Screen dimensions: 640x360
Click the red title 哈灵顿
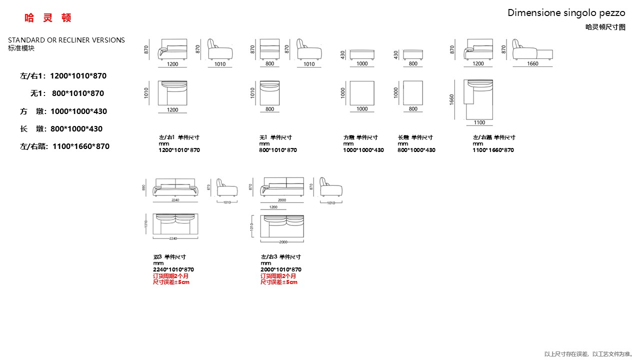click(48, 18)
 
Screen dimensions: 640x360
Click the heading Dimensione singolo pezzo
click(566, 13)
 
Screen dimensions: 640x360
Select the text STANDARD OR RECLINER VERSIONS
click(66, 40)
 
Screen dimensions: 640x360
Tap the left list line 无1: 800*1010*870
click(67, 93)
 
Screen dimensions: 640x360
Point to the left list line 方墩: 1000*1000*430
click(63, 111)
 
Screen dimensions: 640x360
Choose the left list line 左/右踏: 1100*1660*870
click(64, 146)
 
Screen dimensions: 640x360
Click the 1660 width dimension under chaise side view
click(532, 64)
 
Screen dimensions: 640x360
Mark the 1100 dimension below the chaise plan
click(479, 122)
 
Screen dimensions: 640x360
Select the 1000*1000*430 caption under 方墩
click(363, 150)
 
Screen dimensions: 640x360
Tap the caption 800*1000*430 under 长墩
click(416, 150)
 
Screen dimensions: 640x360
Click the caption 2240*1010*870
click(173, 269)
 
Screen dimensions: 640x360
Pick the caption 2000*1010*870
click(281, 269)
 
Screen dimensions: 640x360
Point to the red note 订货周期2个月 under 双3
click(171, 276)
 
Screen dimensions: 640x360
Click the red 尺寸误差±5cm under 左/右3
click(279, 282)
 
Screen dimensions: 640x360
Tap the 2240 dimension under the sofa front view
click(175, 200)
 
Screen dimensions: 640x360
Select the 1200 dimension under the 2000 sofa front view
click(273, 206)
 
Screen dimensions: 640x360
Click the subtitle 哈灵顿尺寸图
click(605, 27)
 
